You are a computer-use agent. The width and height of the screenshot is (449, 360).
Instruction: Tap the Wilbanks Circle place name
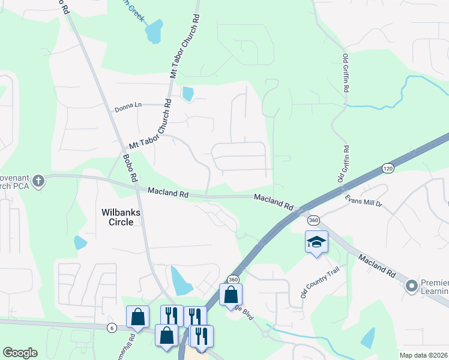click(125, 217)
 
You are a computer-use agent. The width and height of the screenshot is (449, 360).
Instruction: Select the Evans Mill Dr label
click(363, 200)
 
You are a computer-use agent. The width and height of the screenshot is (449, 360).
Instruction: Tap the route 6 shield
click(112, 327)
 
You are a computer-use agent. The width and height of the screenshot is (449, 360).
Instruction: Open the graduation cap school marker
click(316, 242)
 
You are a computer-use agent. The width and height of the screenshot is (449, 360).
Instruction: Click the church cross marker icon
click(38, 181)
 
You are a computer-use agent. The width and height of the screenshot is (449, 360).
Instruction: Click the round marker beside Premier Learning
click(412, 286)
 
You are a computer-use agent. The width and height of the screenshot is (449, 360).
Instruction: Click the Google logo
click(20, 353)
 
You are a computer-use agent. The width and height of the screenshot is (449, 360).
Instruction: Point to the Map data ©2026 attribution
click(423, 355)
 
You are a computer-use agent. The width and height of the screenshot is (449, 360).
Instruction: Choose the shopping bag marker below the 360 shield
click(231, 295)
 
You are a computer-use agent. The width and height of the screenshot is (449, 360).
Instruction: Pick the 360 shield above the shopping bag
click(233, 279)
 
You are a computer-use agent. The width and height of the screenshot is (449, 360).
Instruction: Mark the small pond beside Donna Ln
click(188, 94)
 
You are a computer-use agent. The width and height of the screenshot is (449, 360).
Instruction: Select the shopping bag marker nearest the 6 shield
click(137, 317)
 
